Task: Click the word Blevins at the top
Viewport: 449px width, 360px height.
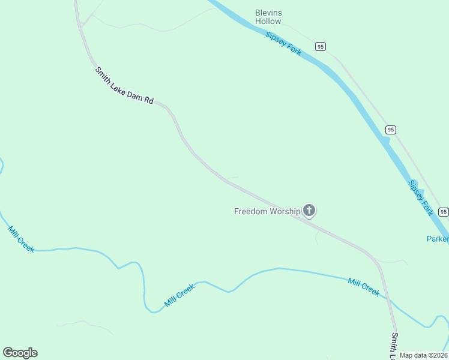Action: [268, 13]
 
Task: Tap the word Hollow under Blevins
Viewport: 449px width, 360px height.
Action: [268, 21]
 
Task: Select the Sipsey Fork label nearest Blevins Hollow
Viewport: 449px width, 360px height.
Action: [283, 43]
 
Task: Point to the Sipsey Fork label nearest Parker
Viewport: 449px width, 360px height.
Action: [420, 197]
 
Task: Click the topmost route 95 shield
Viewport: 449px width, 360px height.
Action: [321, 46]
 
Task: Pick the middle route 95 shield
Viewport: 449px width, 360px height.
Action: [391, 130]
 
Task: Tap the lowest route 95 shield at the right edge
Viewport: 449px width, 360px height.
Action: [443, 212]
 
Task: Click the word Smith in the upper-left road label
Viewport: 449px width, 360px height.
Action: [103, 75]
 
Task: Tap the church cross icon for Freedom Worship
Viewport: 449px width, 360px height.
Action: [309, 210]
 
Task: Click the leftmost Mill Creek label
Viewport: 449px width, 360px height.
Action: [21, 239]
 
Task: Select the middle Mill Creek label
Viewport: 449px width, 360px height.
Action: [181, 296]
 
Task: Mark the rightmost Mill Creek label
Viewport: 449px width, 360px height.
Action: [364, 287]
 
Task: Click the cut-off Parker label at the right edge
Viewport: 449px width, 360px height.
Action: [438, 239]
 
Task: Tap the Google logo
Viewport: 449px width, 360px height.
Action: [20, 353]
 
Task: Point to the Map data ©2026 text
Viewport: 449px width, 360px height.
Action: [423, 355]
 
